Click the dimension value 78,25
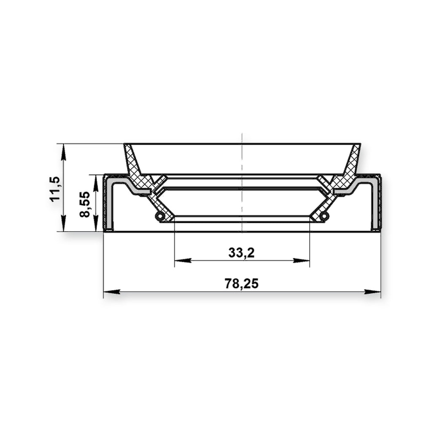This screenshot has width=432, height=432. point(241,283)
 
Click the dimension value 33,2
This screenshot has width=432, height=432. point(241,252)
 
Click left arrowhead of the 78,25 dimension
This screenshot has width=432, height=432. point(112,292)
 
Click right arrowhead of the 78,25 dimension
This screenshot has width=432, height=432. point(373,292)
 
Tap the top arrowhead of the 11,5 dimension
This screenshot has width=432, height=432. point(63,152)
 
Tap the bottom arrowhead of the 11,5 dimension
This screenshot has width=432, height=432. point(63,223)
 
